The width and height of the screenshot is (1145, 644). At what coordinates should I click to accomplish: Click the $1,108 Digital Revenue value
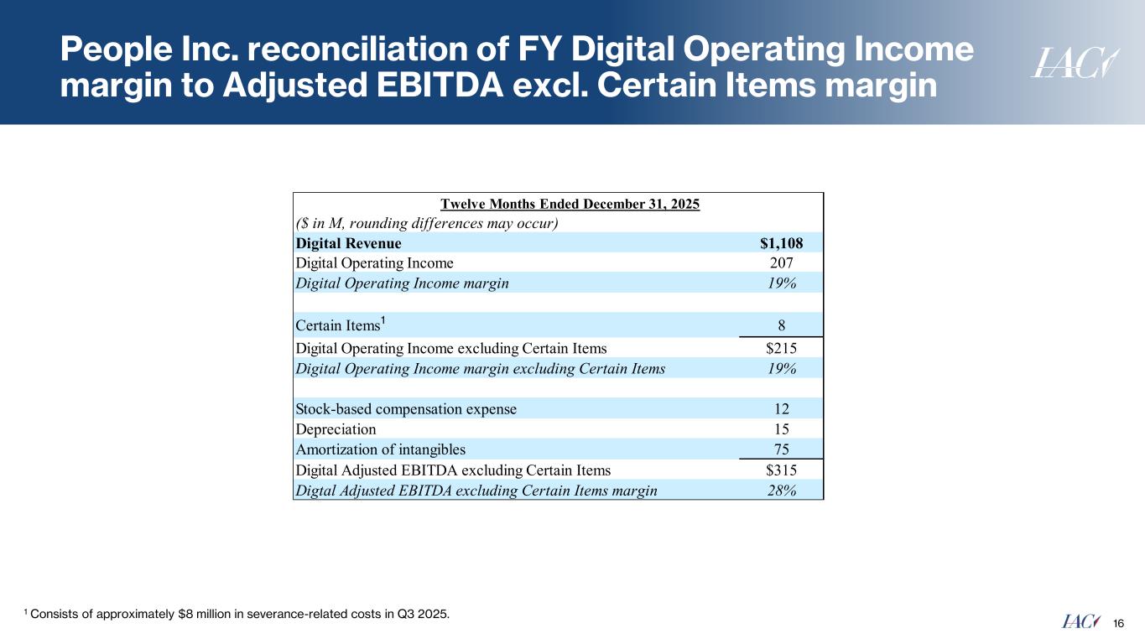pos(781,243)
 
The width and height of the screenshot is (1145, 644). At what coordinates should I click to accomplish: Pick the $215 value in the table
pos(781,348)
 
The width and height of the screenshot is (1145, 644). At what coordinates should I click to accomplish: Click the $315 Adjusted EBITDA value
pos(781,470)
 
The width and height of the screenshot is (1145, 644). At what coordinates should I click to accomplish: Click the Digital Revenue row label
pos(349,243)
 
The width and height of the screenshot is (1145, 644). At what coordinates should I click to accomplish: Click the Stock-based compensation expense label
pos(406,409)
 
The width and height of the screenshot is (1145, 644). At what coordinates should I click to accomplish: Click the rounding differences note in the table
pos(427,223)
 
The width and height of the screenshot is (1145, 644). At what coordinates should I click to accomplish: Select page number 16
pos(1117,622)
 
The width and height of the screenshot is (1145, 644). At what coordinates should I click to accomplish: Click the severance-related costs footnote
pos(237,615)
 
